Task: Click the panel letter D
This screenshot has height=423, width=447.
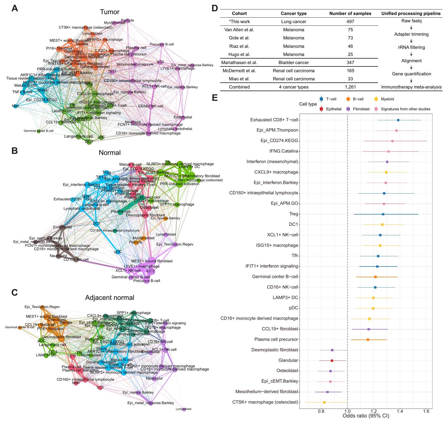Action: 215,8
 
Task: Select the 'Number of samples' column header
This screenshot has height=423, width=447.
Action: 350,13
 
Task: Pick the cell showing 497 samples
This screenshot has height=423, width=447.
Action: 350,22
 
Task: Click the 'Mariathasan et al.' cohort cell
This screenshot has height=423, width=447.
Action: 239,62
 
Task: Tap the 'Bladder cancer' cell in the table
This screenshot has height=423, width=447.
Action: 294,62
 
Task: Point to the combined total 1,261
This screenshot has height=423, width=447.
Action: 350,87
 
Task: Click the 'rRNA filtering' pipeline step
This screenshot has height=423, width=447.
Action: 411,47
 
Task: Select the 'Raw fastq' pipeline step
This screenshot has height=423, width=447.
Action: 411,21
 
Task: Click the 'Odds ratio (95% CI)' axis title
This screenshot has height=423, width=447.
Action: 366,416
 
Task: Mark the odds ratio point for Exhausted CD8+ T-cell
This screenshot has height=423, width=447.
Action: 398,120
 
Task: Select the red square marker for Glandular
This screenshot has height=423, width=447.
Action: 332,361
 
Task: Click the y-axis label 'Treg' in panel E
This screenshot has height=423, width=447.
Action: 294,214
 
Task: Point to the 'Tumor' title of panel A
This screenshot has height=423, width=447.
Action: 110,12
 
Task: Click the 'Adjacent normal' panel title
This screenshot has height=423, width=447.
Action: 110,297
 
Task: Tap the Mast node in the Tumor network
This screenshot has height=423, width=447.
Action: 15,106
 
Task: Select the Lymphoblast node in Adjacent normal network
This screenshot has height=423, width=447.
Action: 184,409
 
